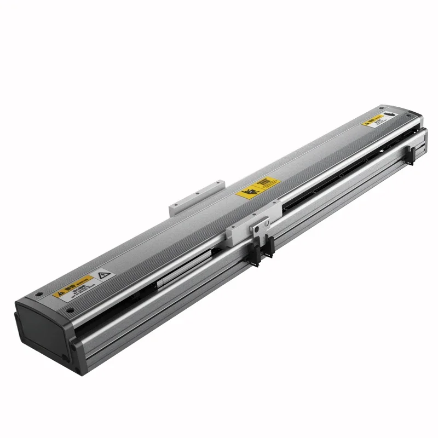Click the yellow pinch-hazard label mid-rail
pyautogui.click(x=258, y=187)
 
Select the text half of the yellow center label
pyautogui.click(x=266, y=183)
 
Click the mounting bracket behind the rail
pyautogui.click(x=197, y=195)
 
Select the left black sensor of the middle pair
pyautogui.click(x=255, y=252)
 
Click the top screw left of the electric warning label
pyautogui.click(x=37, y=293)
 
